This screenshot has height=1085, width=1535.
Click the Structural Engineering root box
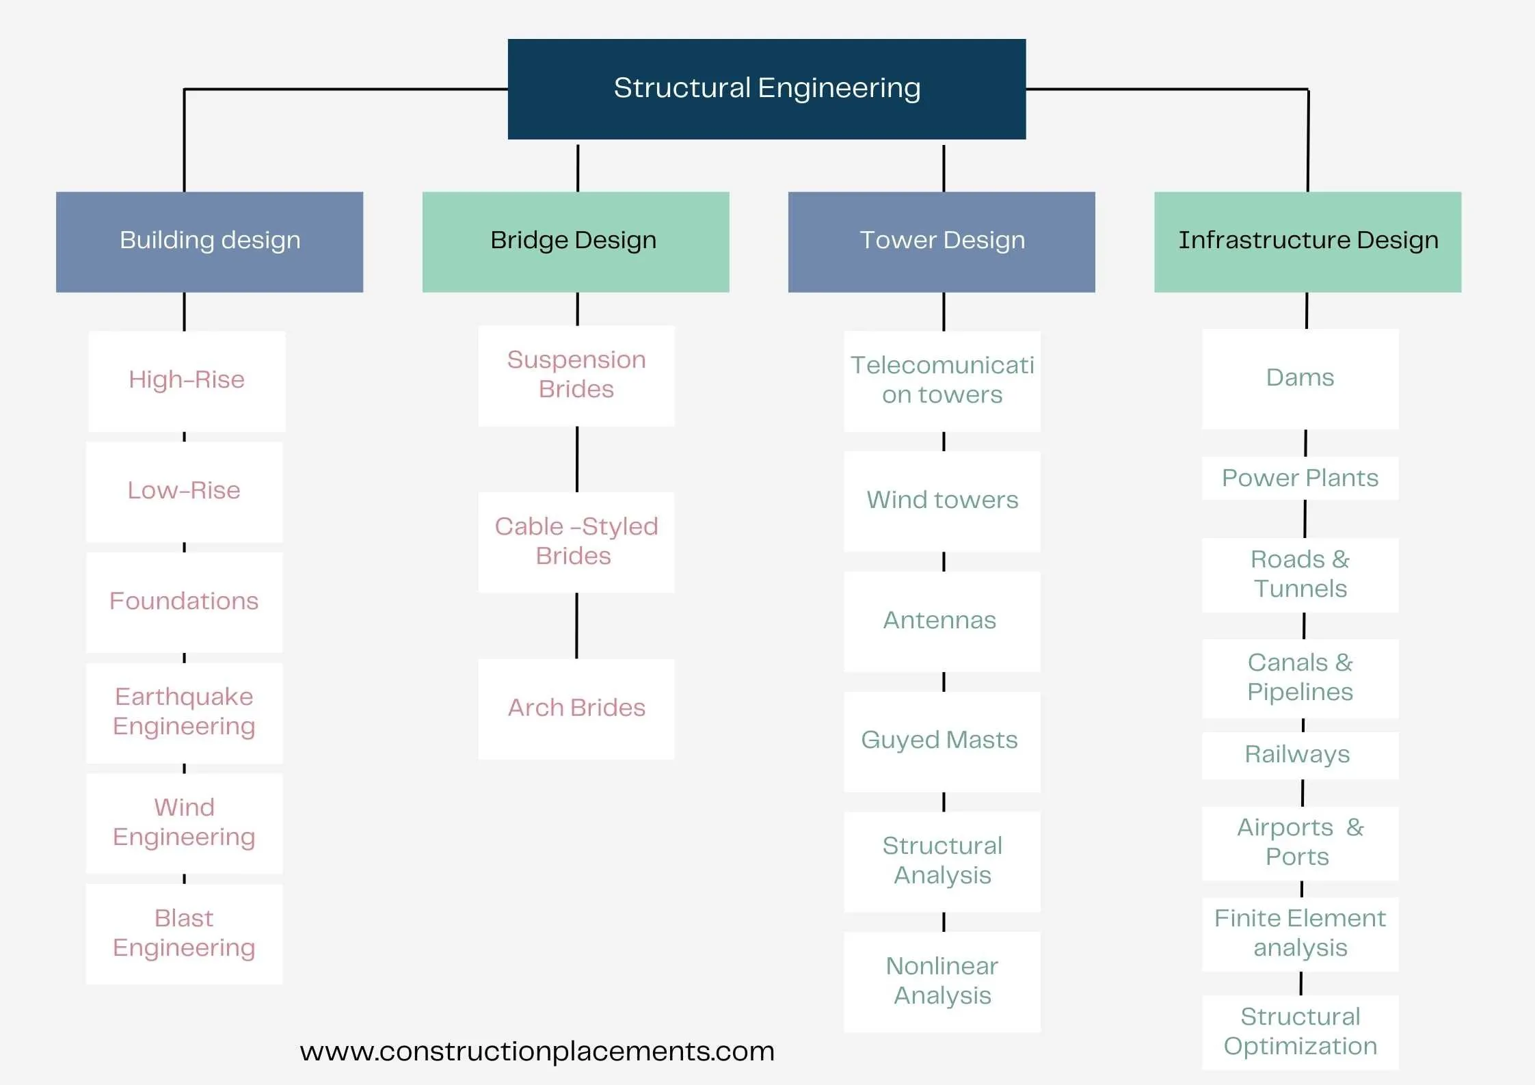pyautogui.click(x=766, y=89)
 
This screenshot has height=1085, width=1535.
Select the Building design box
pyautogui.click(x=209, y=241)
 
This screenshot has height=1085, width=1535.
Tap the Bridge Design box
pyautogui.click(x=575, y=241)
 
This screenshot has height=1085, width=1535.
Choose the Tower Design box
pyautogui.click(x=941, y=241)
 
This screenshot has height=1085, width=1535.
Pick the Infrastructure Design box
pyautogui.click(x=1307, y=241)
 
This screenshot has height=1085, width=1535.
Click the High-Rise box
pyautogui.click(x=187, y=381)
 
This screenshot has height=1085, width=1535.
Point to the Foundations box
pyautogui.click(x=184, y=602)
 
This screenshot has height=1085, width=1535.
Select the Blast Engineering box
pyautogui.click(x=184, y=933)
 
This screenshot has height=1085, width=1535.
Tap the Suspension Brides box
pyautogui.click(x=576, y=375)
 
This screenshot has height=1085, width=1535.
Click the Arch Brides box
pyautogui.click(x=576, y=708)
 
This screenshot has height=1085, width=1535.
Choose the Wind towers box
pyautogui.click(x=942, y=500)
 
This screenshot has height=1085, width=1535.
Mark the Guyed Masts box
pyautogui.click(x=942, y=741)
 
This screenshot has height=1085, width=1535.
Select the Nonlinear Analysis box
pyautogui.click(x=942, y=981)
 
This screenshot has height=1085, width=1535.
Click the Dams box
pyautogui.click(x=1300, y=379)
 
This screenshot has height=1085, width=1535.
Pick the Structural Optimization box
pyautogui.click(x=1300, y=1032)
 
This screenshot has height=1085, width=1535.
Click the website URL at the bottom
pyautogui.click(x=537, y=1051)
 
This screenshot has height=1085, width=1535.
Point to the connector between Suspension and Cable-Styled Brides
pyautogui.click(x=577, y=459)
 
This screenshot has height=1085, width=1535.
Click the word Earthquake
pyautogui.click(x=184, y=697)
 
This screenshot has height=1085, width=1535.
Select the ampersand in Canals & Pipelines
pyautogui.click(x=1344, y=662)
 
